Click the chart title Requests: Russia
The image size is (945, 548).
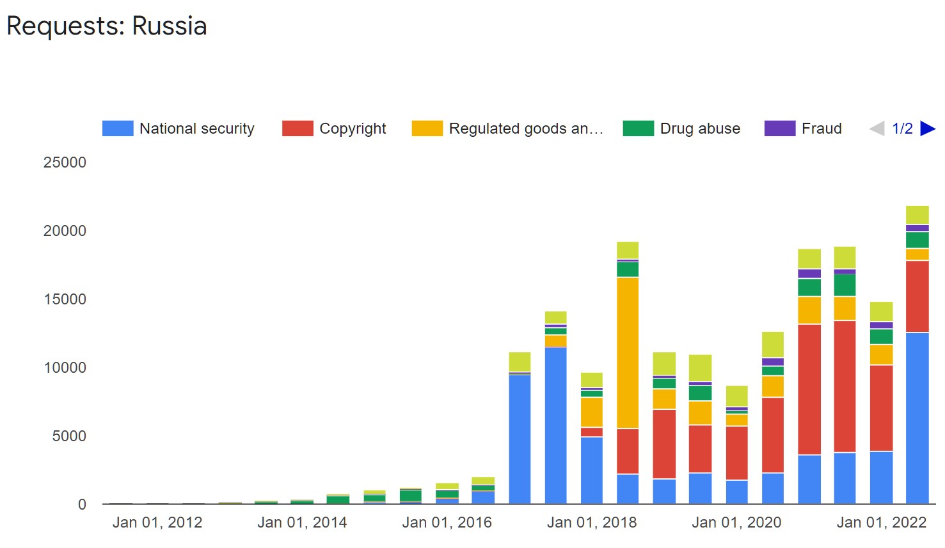(107, 26)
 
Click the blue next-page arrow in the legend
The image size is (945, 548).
(927, 129)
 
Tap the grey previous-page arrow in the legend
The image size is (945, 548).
(877, 129)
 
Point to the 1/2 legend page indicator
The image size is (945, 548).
(902, 129)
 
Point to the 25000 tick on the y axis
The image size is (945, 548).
(65, 162)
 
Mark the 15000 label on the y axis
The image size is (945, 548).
(65, 299)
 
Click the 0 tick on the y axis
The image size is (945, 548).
(82, 505)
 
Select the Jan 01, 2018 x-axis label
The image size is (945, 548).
(592, 522)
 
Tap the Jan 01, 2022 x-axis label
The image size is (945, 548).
(881, 522)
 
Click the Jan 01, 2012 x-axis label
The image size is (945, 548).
(157, 522)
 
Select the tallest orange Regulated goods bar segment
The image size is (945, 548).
(628, 352)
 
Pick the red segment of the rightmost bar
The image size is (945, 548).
(917, 296)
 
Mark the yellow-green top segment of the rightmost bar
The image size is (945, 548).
(917, 215)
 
